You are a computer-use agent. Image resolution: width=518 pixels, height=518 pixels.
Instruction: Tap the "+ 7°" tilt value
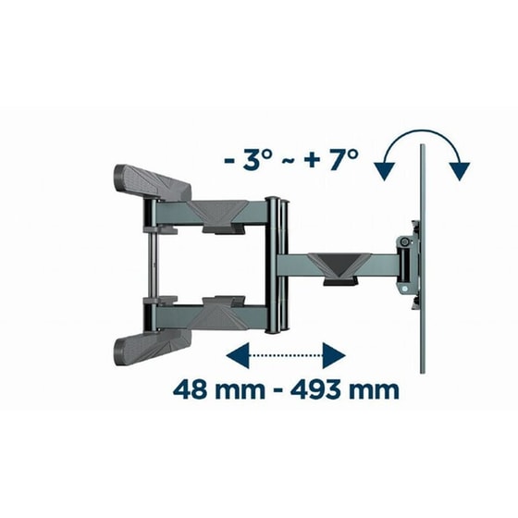tap(331, 160)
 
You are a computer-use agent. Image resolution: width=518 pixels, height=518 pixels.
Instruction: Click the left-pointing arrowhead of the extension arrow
tap(237, 355)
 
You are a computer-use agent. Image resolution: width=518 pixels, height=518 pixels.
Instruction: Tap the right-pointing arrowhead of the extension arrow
tap(334, 355)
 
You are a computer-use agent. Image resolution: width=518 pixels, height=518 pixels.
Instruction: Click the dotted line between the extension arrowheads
tap(286, 355)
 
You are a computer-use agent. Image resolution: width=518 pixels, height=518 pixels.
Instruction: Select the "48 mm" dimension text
tap(219, 390)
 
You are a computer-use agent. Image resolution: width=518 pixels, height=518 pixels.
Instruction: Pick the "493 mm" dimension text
tap(344, 390)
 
